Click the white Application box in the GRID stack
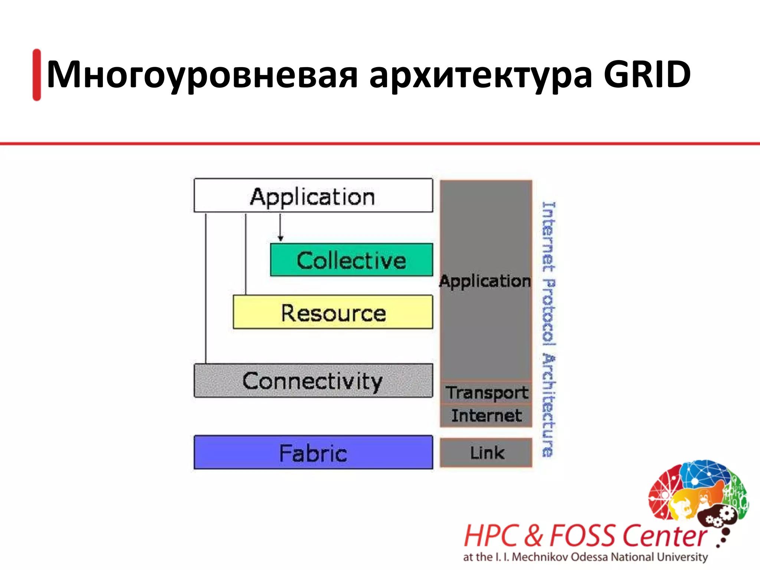(x=313, y=196)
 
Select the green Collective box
(x=351, y=260)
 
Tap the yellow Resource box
(x=332, y=312)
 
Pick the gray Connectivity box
(x=313, y=381)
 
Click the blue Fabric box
(x=313, y=453)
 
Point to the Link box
(x=486, y=453)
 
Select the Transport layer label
(x=486, y=393)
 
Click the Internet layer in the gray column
(x=486, y=416)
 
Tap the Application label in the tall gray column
(x=485, y=281)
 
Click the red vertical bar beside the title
(x=37, y=75)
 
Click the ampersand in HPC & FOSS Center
(x=534, y=535)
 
